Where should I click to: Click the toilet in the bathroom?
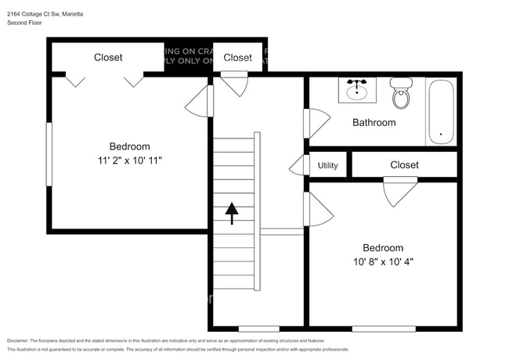click(x=401, y=94)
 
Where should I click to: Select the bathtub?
click(x=441, y=112)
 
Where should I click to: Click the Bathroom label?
click(x=374, y=123)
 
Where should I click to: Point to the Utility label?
click(x=328, y=165)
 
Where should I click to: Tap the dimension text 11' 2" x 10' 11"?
click(x=129, y=160)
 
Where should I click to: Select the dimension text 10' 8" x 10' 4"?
click(x=382, y=262)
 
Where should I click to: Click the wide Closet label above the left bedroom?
click(x=108, y=57)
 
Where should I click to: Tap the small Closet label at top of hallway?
click(x=237, y=57)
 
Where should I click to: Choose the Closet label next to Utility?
click(x=404, y=165)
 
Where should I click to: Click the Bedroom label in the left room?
click(x=129, y=146)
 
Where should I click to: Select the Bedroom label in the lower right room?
click(x=382, y=248)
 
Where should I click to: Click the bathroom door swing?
click(x=316, y=124)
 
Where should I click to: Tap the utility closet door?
click(x=298, y=165)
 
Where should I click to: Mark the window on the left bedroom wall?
click(x=49, y=153)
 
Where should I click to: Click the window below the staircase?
click(x=258, y=328)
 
